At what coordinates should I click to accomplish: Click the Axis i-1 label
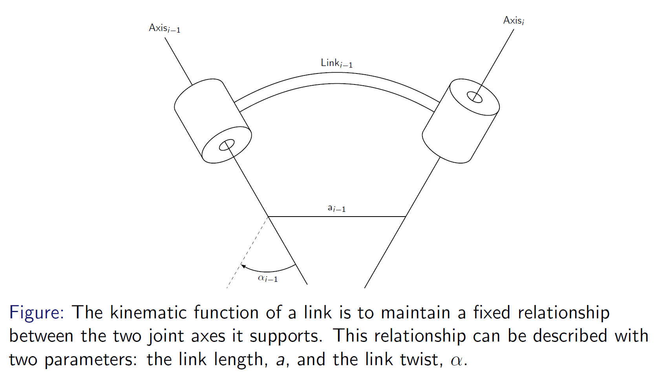(165, 28)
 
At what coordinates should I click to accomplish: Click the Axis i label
(514, 20)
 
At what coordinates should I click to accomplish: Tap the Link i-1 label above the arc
(336, 63)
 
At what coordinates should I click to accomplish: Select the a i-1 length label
(336, 208)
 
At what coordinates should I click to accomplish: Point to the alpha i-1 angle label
(268, 278)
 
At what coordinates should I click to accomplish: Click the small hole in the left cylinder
(227, 145)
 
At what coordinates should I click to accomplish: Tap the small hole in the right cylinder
(474, 97)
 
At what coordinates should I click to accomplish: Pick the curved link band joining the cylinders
(336, 79)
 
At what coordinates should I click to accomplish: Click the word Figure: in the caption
(37, 313)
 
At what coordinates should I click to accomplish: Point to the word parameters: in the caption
(91, 360)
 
